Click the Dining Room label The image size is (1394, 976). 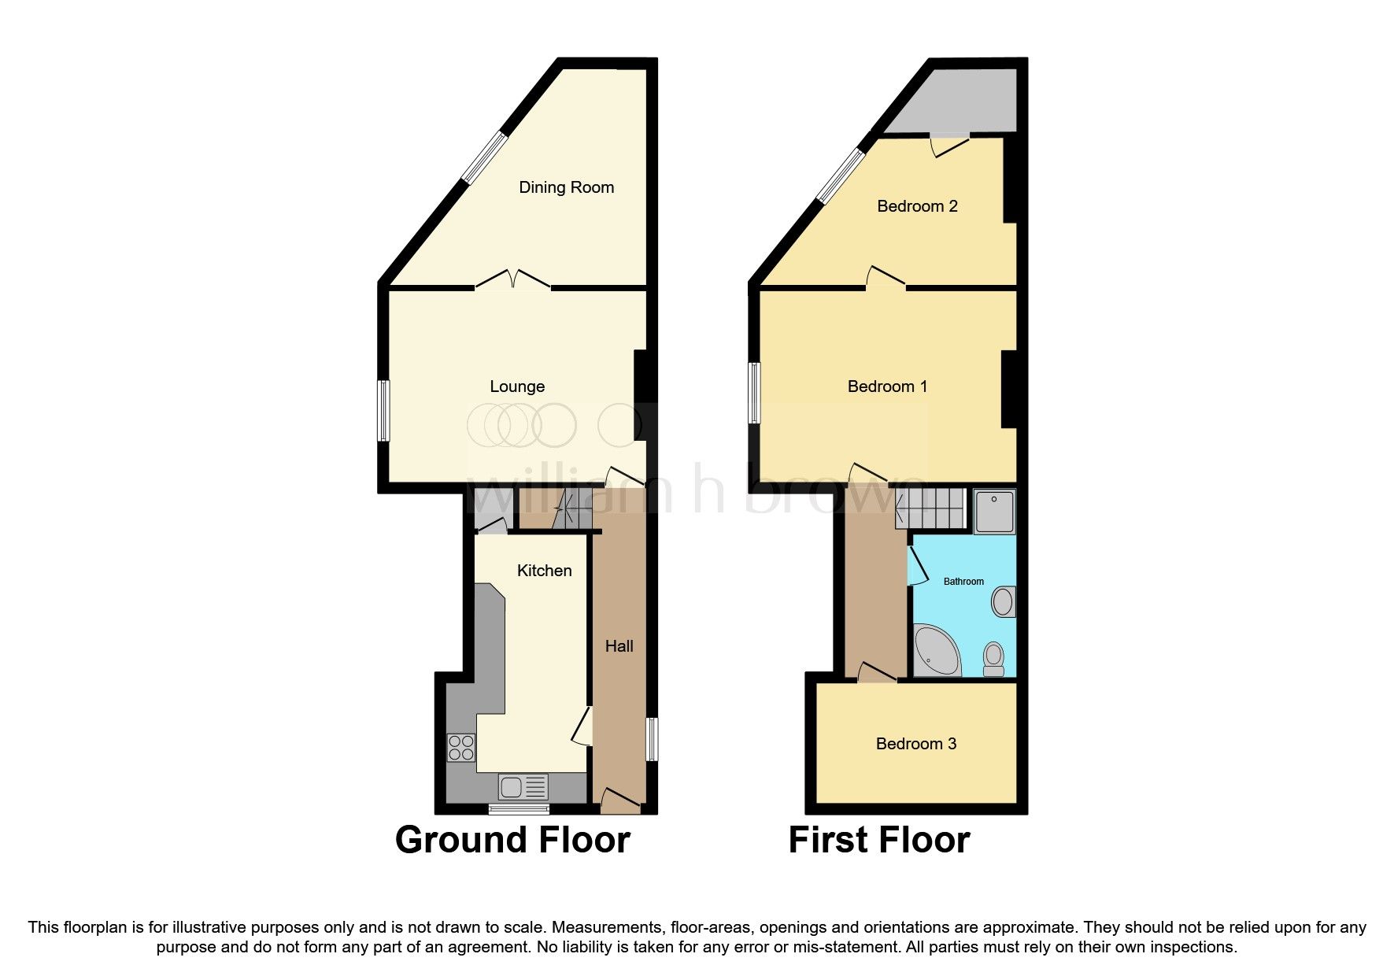[566, 187]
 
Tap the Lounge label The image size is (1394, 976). [517, 386]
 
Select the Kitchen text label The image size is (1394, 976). [544, 571]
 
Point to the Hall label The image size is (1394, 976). [619, 646]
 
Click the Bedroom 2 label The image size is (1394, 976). [917, 206]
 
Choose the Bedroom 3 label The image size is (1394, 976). [915, 744]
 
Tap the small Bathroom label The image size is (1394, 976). [963, 582]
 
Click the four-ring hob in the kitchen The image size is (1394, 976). [461, 747]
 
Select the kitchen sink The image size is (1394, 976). [523, 786]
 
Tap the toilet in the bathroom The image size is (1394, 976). [993, 659]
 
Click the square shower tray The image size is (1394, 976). [994, 512]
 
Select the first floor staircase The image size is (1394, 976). [930, 508]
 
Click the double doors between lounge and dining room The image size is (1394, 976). [512, 280]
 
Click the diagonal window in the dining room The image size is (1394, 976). [484, 157]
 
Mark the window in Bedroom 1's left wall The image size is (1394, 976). [754, 392]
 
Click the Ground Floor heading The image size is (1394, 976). [512, 840]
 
